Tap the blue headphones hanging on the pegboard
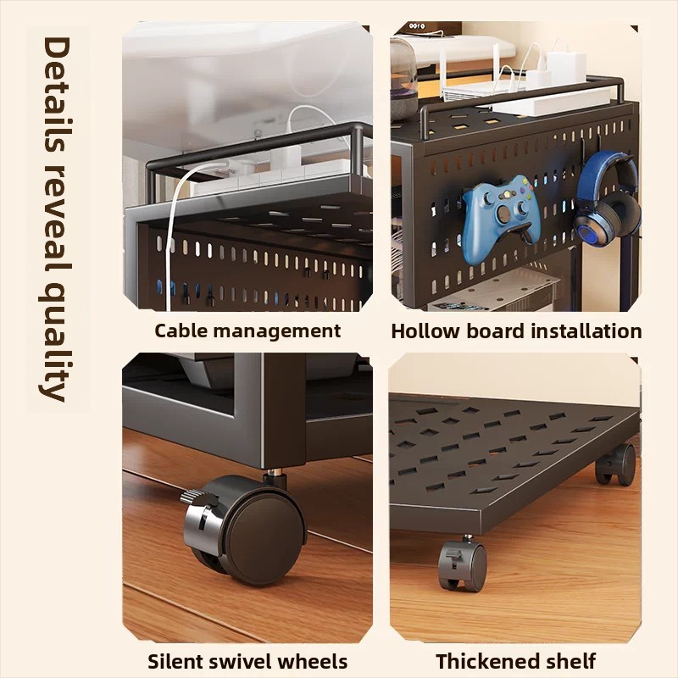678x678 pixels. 608,195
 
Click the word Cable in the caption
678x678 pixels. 181,331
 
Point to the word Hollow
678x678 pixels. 426,331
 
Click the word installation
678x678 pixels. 586,331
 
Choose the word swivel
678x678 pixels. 241,662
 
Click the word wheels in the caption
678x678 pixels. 312,662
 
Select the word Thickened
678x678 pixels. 485,662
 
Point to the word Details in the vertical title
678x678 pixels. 57,95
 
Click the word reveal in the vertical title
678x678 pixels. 57,220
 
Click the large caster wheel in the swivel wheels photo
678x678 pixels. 244,530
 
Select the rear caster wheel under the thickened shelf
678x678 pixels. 616,464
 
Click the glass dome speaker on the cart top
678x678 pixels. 403,78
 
